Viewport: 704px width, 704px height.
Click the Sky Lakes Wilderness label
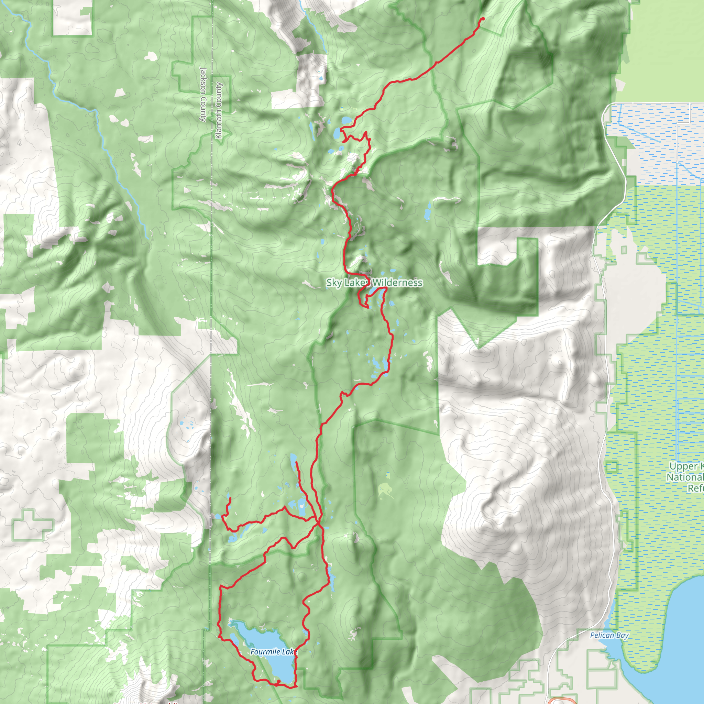pos(374,283)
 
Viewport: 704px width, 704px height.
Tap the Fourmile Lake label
pos(274,651)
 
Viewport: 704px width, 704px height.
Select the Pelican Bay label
pos(609,636)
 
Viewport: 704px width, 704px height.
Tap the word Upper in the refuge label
pos(683,466)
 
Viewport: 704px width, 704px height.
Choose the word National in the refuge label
pos(685,477)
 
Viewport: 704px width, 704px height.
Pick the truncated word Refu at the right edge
pos(695,488)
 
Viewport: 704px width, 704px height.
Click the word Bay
pos(623,636)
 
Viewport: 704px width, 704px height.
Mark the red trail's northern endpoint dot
pos(483,18)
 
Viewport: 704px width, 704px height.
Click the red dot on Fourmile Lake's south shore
pos(278,681)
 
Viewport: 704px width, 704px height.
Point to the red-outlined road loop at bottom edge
pos(562,701)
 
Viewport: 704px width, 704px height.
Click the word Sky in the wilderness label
pos(334,283)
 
